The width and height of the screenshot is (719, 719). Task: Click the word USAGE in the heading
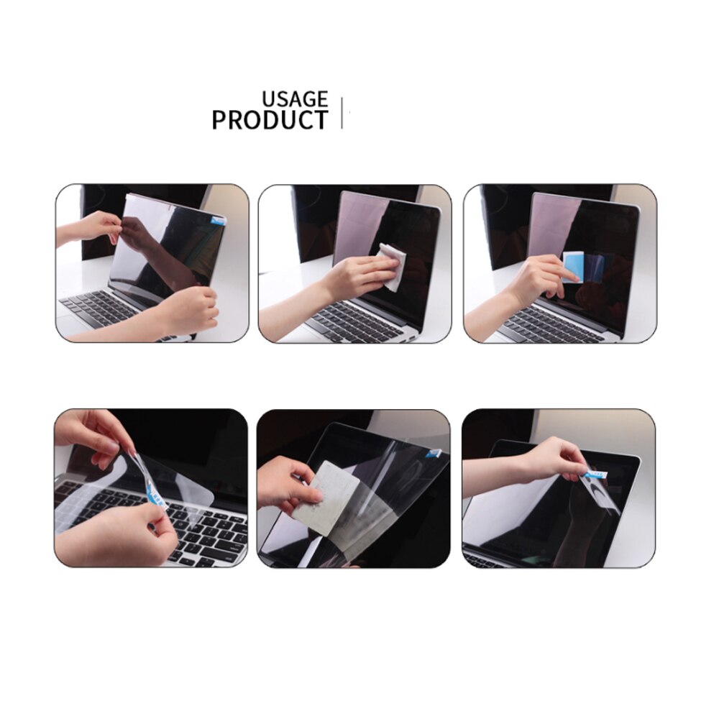pos(294,99)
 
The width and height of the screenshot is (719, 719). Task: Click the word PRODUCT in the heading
pos(270,120)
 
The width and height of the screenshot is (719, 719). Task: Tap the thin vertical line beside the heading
pos(342,113)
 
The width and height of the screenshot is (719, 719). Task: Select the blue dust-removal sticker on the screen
pos(573,267)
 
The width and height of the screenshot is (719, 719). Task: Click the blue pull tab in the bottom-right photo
pos(595,473)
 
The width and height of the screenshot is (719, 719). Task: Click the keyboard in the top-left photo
pos(93,309)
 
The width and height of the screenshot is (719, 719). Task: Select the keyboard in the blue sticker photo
pos(546,327)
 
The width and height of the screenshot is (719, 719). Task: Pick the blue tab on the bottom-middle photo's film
pos(434,452)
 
